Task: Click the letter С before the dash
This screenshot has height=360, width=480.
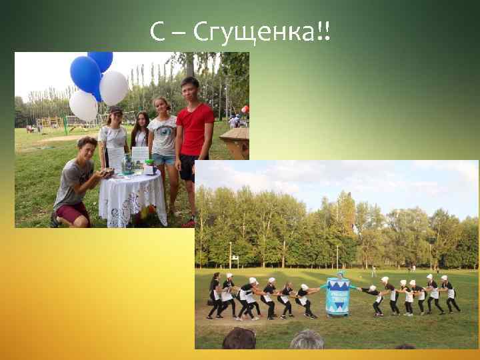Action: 157,31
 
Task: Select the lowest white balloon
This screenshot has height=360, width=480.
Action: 83,105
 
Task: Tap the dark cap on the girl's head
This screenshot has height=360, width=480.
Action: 116,109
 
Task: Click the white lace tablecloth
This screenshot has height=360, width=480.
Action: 132,197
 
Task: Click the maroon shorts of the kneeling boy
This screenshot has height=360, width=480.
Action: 73,213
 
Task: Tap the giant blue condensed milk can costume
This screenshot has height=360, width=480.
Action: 337,295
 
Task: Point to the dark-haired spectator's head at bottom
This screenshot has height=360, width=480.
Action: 239,339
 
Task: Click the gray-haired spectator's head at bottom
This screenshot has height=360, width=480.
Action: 307,341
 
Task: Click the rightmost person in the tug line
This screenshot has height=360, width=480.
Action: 450,294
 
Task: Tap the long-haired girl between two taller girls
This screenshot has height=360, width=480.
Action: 141,131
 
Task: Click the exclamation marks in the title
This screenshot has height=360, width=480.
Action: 325,31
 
